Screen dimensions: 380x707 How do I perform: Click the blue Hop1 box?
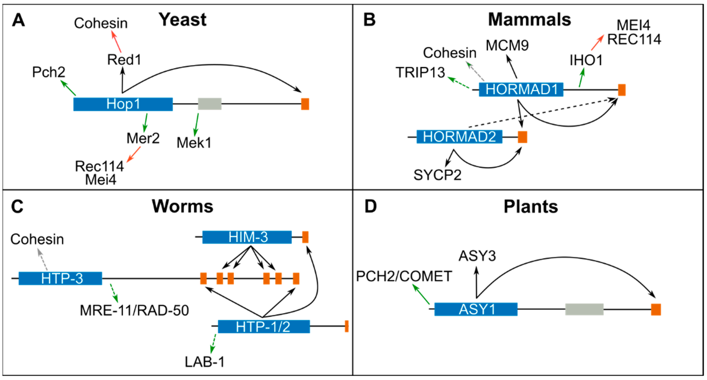click(123, 104)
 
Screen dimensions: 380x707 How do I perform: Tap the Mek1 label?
click(194, 143)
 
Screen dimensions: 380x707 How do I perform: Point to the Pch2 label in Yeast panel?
click(49, 72)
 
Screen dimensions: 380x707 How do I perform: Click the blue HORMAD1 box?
click(521, 89)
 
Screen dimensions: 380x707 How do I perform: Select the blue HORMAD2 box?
click(459, 136)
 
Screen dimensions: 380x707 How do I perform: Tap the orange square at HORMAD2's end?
click(522, 137)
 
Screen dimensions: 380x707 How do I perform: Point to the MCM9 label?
click(507, 45)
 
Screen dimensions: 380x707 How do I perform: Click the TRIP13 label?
click(420, 73)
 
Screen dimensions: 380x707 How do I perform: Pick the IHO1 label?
click(586, 60)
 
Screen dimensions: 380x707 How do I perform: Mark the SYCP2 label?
click(437, 175)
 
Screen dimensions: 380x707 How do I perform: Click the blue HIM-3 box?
click(247, 237)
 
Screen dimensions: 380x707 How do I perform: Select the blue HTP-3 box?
click(60, 278)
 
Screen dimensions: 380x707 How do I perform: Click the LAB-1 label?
click(204, 362)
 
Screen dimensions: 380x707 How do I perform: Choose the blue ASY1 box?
click(476, 309)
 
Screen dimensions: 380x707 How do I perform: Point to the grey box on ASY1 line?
click(584, 309)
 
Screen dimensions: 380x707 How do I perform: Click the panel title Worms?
click(183, 206)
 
